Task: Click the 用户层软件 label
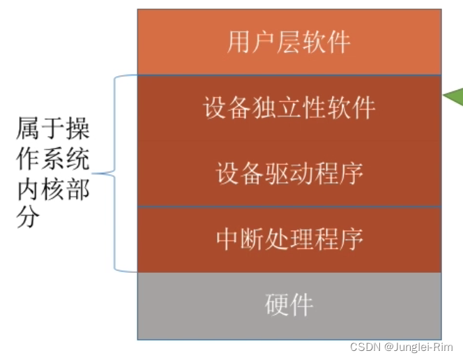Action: pyautogui.click(x=289, y=43)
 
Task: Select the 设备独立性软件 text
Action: pyautogui.click(x=289, y=108)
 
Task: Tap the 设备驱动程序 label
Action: pyautogui.click(x=289, y=173)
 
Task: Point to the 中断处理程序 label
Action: pyautogui.click(x=289, y=239)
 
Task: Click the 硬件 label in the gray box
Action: pyautogui.click(x=289, y=305)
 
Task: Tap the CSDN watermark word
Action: pyautogui.click(x=363, y=347)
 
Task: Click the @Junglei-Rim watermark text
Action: pyautogui.click(x=418, y=347)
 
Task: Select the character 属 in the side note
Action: pyautogui.click(x=27, y=130)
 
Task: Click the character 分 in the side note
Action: pyautogui.click(x=27, y=217)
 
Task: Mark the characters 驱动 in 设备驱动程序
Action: pyautogui.click(x=289, y=173)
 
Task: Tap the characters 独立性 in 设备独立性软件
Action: pyautogui.click(x=289, y=108)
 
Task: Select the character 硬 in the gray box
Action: pyautogui.click(x=277, y=305)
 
